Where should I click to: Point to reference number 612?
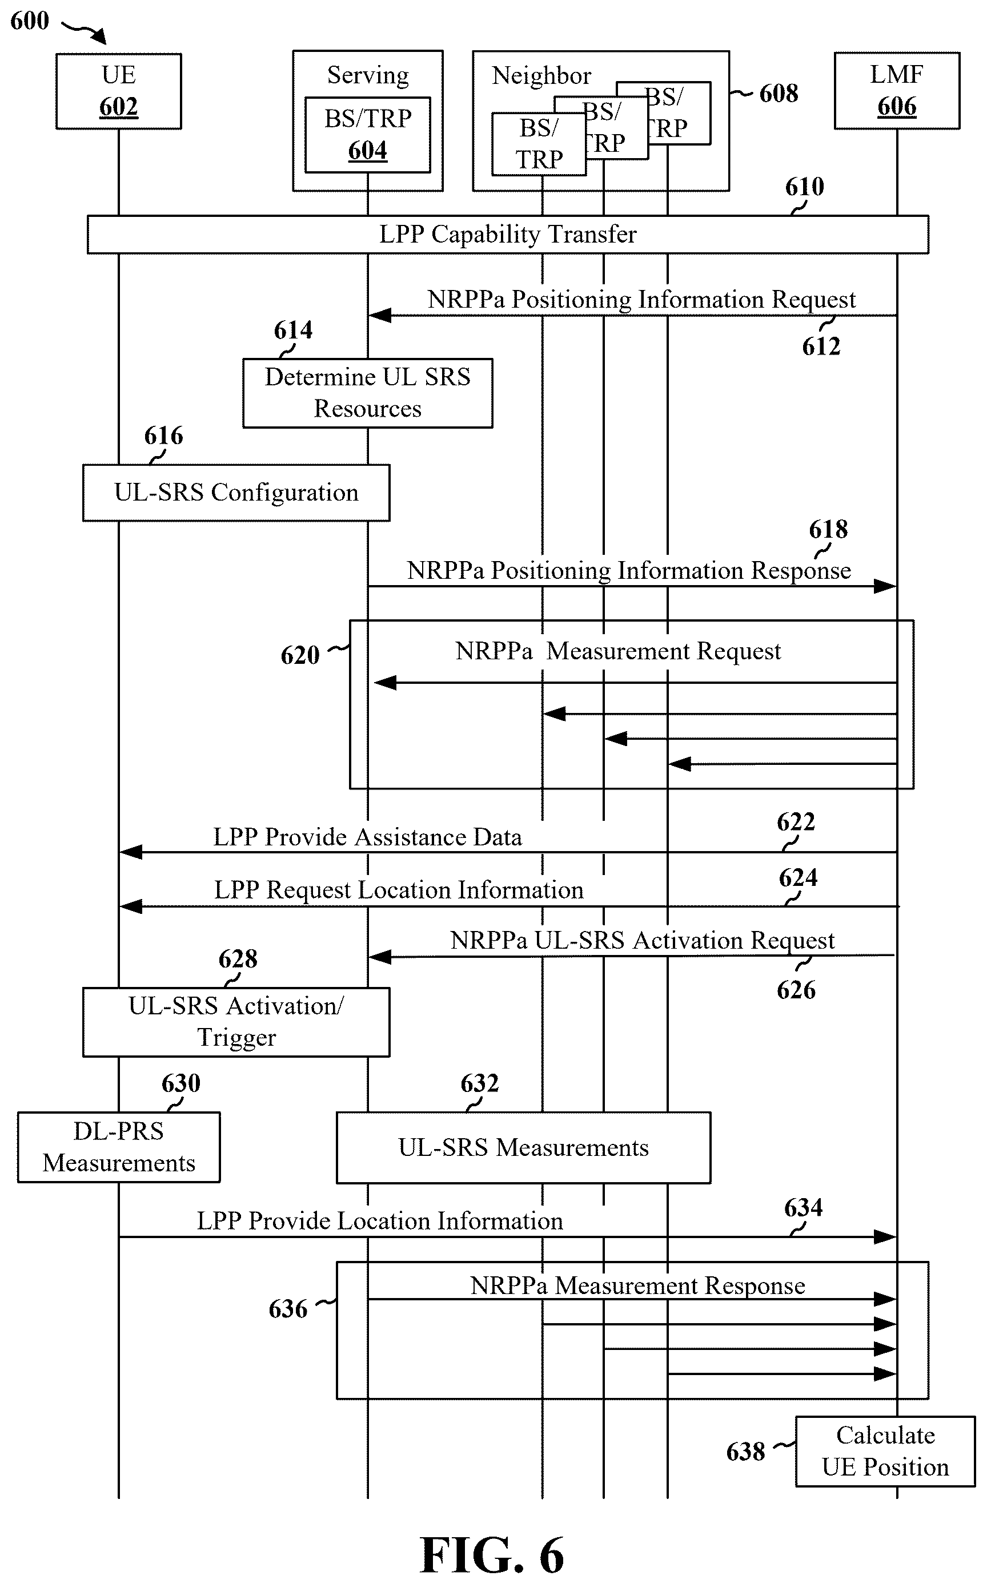coord(821,346)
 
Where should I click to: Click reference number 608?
coord(778,93)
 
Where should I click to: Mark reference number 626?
coord(796,990)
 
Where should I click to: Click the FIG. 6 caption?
coord(492,1555)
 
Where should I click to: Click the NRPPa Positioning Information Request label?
coord(641,300)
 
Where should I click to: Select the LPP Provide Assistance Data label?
coord(367,837)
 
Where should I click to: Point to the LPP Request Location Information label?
coord(399,890)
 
